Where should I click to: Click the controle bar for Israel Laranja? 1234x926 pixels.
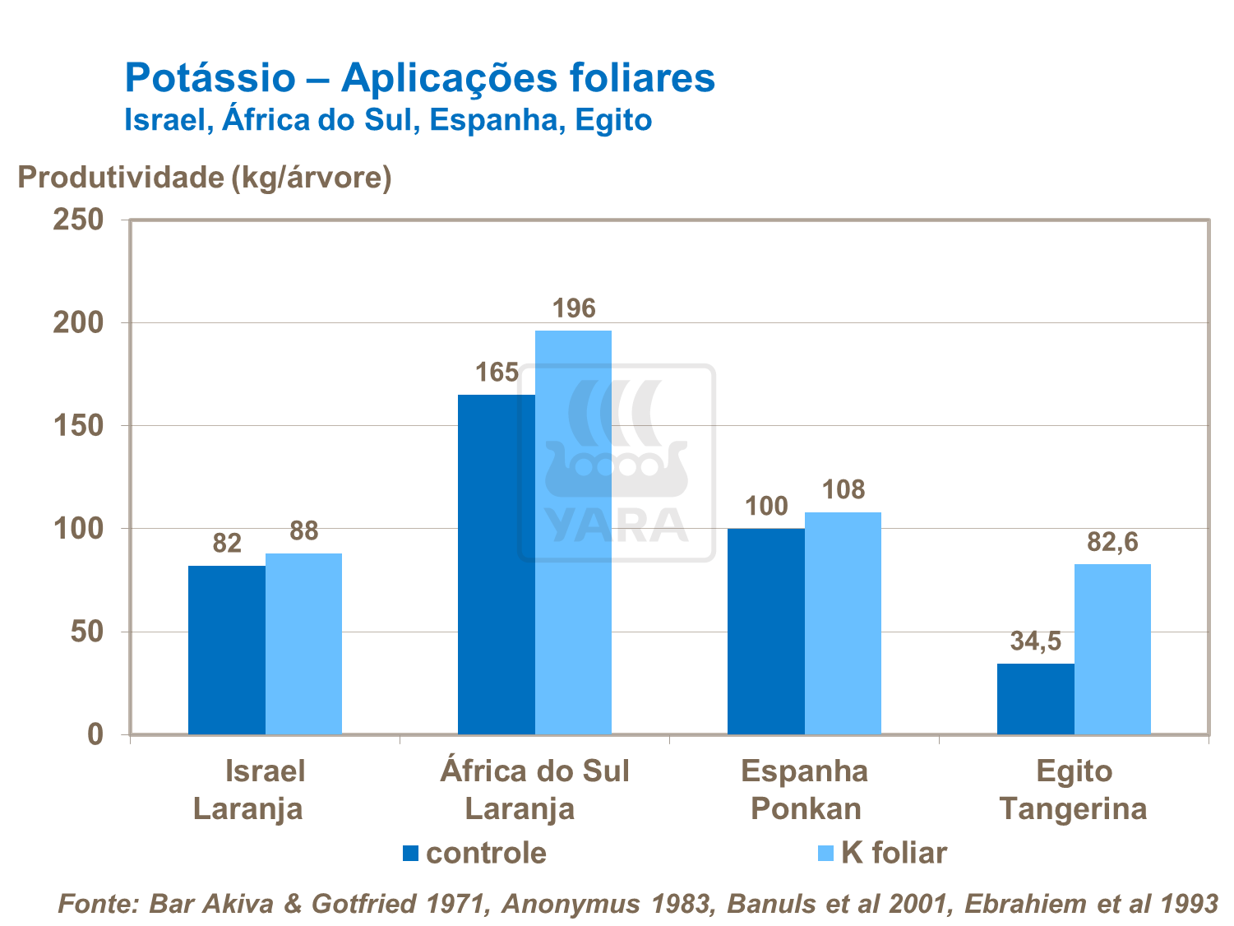coord(227,650)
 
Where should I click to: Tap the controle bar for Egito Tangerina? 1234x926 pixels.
coord(1035,699)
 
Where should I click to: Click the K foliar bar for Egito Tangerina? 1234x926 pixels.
coord(1112,649)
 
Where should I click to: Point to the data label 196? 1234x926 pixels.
coord(573,308)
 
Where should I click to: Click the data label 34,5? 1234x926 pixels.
coord(1035,641)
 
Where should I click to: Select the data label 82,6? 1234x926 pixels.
coord(1112,542)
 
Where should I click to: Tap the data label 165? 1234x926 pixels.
coord(497,373)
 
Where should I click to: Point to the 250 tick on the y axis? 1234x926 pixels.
coord(79,220)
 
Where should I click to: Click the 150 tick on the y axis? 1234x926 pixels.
coord(79,426)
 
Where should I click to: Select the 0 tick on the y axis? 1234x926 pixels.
coord(95,734)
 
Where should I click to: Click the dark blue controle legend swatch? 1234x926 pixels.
coord(411,853)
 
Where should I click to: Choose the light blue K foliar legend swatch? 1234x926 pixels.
coord(826,853)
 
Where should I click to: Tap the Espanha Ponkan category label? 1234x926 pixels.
coord(805,789)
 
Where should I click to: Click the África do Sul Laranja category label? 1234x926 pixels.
coord(534,789)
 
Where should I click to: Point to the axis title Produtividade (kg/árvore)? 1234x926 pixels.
coord(205,177)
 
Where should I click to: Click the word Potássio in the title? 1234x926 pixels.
coord(210,78)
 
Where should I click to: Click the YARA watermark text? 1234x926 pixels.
coord(617,525)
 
